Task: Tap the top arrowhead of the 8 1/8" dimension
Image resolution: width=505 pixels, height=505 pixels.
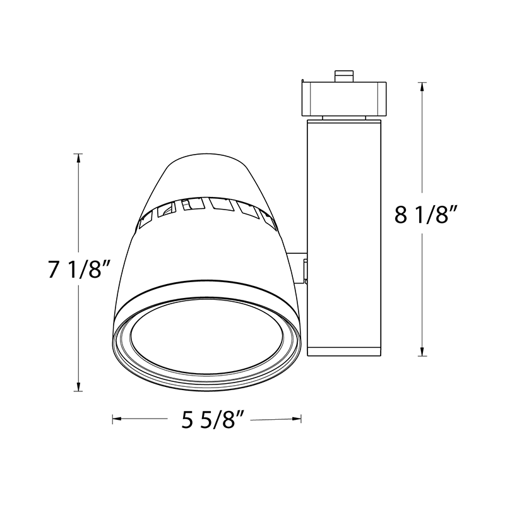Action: (422, 86)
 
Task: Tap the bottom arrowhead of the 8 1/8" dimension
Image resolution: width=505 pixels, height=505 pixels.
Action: (422, 352)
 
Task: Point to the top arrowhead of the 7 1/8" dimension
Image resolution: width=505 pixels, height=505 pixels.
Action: (78, 158)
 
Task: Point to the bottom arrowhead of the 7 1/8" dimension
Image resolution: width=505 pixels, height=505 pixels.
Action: (78, 386)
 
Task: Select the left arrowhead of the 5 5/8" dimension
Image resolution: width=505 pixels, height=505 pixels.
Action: (117, 419)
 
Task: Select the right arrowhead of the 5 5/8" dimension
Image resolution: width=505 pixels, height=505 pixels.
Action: (297, 419)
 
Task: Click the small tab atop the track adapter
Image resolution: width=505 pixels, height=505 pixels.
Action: (343, 76)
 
